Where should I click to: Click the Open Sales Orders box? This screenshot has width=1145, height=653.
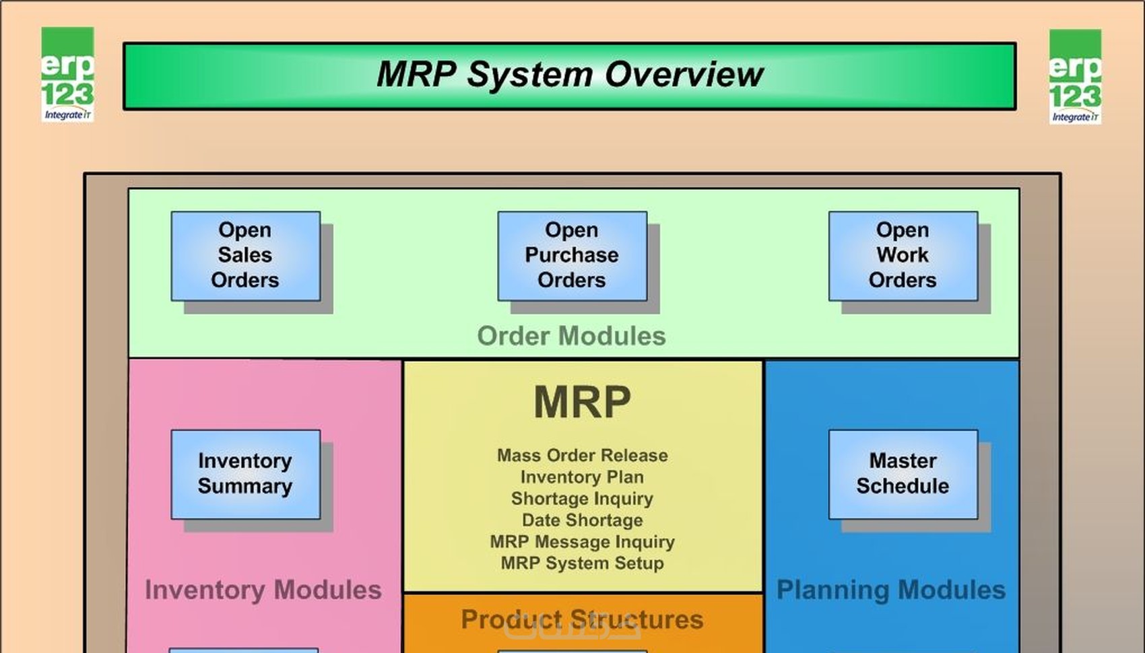pyautogui.click(x=245, y=256)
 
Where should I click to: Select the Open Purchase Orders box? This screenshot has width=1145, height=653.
pyautogui.click(x=572, y=256)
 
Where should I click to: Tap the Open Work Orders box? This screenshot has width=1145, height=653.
pyautogui.click(x=903, y=256)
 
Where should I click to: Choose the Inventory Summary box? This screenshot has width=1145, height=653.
pyautogui.click(x=245, y=474)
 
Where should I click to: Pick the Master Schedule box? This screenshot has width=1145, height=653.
pyautogui.click(x=903, y=474)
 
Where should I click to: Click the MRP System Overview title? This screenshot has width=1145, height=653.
pyautogui.click(x=569, y=75)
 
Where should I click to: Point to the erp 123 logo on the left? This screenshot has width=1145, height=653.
pyautogui.click(x=67, y=75)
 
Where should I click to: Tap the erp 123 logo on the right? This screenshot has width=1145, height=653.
pyautogui.click(x=1075, y=77)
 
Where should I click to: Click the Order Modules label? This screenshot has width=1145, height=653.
pyautogui.click(x=571, y=336)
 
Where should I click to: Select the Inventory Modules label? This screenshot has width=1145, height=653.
pyautogui.click(x=263, y=590)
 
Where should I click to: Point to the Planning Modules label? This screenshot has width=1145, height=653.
pyautogui.click(x=890, y=590)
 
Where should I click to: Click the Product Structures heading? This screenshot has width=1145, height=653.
pyautogui.click(x=582, y=619)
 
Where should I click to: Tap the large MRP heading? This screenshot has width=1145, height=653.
pyautogui.click(x=582, y=403)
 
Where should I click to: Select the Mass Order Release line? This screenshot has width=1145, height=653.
pyautogui.click(x=582, y=456)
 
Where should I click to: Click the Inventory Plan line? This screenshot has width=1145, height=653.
pyautogui.click(x=582, y=477)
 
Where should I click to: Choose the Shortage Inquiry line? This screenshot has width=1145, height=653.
pyautogui.click(x=582, y=499)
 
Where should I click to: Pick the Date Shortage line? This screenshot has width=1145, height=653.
pyautogui.click(x=582, y=520)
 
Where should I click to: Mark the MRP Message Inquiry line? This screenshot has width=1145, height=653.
pyautogui.click(x=582, y=542)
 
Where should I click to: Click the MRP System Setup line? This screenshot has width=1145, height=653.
pyautogui.click(x=582, y=563)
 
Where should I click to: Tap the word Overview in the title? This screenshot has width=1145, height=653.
pyautogui.click(x=684, y=75)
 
